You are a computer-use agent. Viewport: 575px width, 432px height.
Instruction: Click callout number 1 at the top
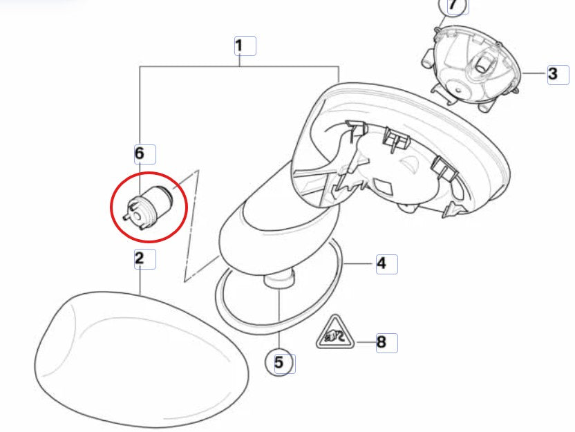(x=239, y=46)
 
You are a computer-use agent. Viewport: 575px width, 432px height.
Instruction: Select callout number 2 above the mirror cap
(x=140, y=259)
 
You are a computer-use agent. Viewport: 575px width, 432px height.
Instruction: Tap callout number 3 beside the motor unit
(x=553, y=74)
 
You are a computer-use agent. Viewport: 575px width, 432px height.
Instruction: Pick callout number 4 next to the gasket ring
(x=381, y=263)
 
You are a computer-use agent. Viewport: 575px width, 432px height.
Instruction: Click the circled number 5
(x=279, y=362)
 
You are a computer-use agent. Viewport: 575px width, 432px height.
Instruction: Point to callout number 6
(x=140, y=153)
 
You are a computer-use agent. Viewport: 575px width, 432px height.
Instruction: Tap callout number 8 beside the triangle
(x=381, y=343)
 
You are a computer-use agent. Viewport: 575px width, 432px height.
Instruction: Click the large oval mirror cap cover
(x=142, y=358)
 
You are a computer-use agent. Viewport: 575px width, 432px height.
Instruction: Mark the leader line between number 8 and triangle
(x=365, y=343)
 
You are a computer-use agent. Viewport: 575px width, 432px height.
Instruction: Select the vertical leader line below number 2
(x=140, y=281)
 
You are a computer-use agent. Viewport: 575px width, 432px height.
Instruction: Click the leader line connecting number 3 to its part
(x=534, y=73)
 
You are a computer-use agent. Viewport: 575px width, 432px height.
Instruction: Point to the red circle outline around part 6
(x=111, y=207)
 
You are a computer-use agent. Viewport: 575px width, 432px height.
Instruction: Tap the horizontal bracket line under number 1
(x=239, y=66)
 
